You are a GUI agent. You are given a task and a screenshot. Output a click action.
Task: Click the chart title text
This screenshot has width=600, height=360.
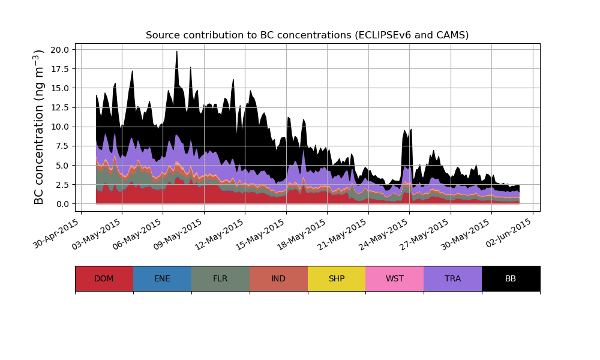coord(307,35)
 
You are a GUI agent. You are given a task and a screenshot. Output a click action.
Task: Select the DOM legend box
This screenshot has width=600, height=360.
coord(104,278)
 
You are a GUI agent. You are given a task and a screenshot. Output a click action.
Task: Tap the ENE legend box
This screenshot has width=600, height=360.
coord(162,278)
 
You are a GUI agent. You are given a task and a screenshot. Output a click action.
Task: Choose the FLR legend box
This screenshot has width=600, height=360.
coord(220,278)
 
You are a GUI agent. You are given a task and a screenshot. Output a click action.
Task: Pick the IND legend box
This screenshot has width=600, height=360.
coord(278,278)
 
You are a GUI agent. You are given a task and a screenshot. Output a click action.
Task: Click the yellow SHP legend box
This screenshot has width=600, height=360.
coord(337,278)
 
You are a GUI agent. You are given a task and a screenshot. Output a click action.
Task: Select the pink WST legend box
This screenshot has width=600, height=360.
coord(395,278)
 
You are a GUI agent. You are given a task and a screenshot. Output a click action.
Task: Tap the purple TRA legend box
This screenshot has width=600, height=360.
coord(453,278)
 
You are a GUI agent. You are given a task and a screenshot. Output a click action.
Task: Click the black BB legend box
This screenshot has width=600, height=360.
coord(511,278)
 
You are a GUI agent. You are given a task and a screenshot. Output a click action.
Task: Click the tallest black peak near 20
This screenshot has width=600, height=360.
coord(176,52)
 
